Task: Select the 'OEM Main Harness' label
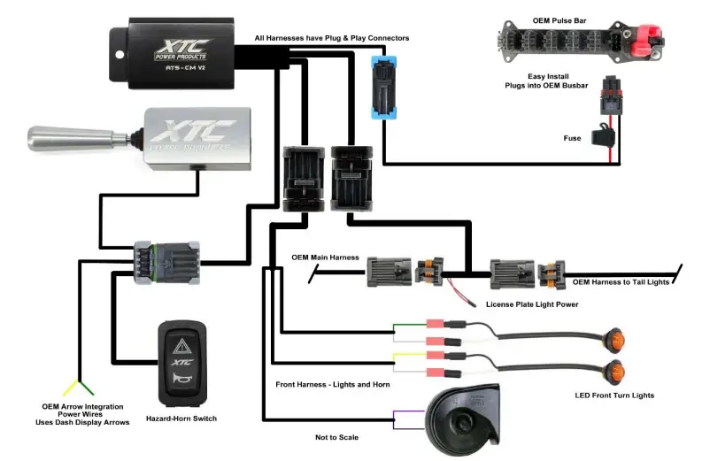(x=325, y=257)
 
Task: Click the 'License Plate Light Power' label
(x=532, y=303)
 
